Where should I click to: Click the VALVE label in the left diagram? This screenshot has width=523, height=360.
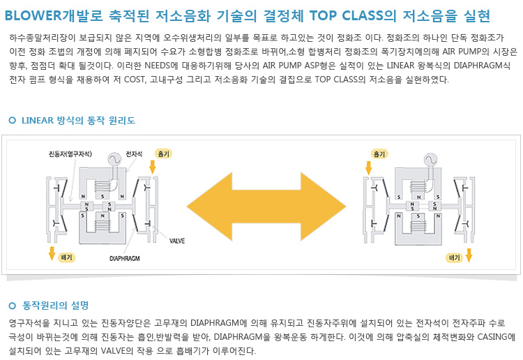click(x=176, y=241)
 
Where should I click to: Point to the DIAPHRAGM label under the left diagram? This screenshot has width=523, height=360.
click(x=125, y=258)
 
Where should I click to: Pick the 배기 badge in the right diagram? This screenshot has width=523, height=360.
click(x=455, y=257)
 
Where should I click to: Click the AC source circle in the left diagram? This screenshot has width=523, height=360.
click(x=110, y=160)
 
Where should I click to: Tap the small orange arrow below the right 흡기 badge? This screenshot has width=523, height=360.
click(x=369, y=167)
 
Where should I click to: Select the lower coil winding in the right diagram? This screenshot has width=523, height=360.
click(x=416, y=224)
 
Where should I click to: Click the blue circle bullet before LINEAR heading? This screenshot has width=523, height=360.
click(x=12, y=121)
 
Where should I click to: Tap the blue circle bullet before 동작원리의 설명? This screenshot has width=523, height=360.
click(x=12, y=306)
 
